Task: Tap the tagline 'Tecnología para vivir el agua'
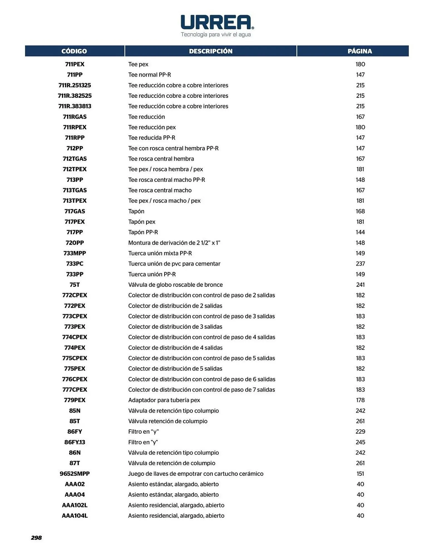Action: (216, 34)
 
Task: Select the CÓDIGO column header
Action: (74, 51)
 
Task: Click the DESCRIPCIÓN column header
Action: (211, 51)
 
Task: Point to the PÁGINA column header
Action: (360, 51)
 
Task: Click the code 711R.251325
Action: (75, 85)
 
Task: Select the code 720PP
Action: (75, 243)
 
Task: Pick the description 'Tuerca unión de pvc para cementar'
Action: (174, 264)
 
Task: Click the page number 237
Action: (360, 264)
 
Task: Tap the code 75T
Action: (75, 285)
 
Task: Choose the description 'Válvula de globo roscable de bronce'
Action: (175, 285)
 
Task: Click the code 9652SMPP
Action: (75, 473)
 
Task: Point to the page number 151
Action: (360, 473)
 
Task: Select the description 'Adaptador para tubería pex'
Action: (164, 400)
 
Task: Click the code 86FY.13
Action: (75, 442)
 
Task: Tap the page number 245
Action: (360, 442)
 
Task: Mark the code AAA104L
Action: (75, 515)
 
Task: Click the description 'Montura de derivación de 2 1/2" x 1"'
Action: (174, 243)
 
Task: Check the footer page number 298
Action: (36, 538)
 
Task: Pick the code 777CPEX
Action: (75, 389)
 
